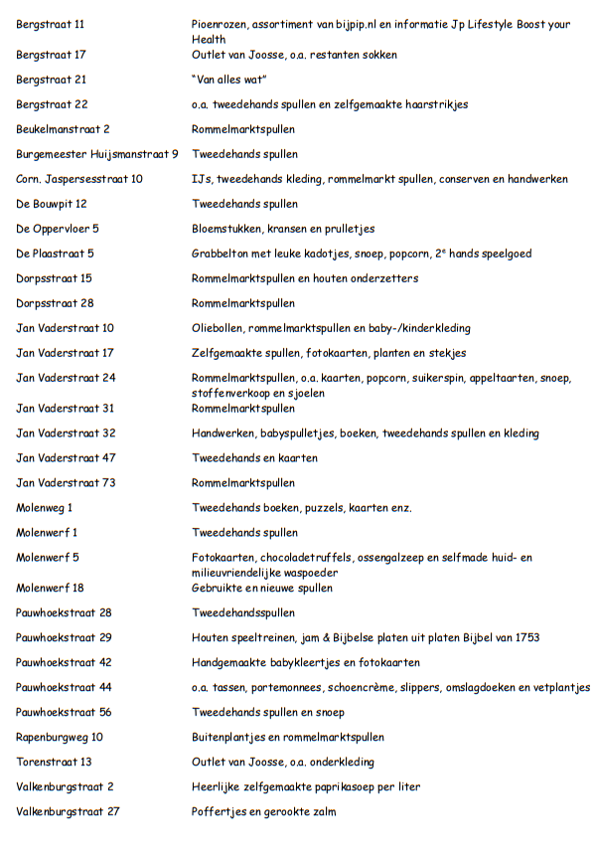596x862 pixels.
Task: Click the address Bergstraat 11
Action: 51,22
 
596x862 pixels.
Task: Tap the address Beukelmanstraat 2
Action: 63,129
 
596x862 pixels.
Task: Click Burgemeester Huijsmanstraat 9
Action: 97,154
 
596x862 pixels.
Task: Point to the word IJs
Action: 200,179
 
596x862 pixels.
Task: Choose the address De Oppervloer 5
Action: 58,229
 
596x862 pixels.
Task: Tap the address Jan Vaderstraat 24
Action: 66,378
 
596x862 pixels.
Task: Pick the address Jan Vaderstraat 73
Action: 66,483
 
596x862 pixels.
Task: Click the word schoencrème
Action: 382,687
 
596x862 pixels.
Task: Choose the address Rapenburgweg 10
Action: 60,737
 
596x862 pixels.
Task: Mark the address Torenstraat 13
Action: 54,762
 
